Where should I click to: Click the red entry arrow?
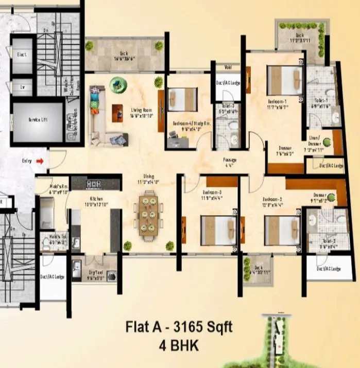click(x=40, y=161)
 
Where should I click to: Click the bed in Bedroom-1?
click(x=284, y=80)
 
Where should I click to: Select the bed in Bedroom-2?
click(x=282, y=230)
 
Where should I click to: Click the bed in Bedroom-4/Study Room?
click(x=182, y=99)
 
